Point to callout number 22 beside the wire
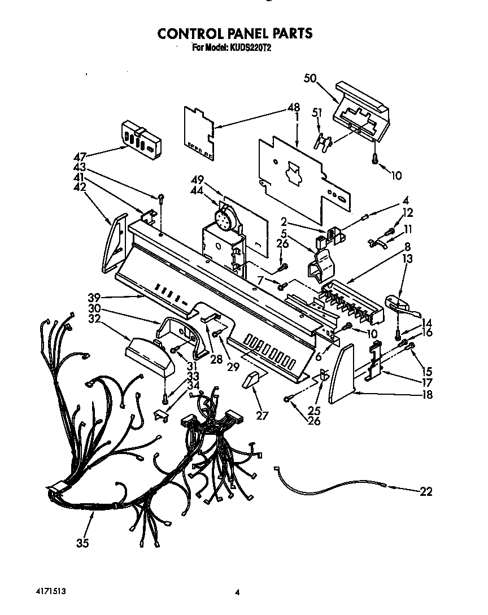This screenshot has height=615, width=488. [x=426, y=491]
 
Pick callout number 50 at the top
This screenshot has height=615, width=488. [x=310, y=78]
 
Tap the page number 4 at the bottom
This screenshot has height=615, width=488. [x=238, y=592]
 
